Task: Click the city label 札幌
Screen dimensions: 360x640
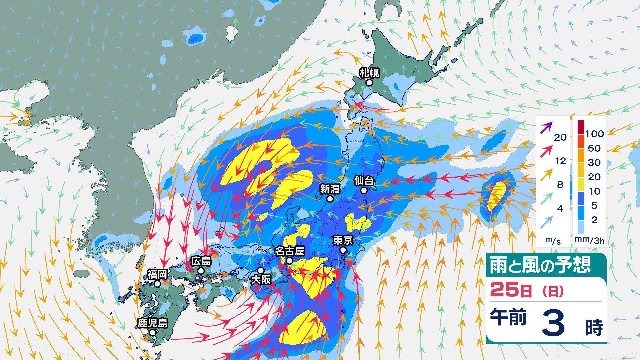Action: (x=369, y=73)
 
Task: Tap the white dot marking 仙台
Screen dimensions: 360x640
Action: (x=364, y=190)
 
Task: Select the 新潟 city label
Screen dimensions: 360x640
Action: (x=330, y=189)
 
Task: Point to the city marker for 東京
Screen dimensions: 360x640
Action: (x=343, y=250)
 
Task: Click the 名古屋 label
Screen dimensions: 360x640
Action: (x=289, y=251)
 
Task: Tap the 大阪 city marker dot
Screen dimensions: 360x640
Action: (x=261, y=270)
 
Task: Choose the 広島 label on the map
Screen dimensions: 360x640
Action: (x=201, y=261)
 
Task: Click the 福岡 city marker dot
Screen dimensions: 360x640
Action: (x=157, y=284)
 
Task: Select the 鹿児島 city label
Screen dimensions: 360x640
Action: (x=153, y=323)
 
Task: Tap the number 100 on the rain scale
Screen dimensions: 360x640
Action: (x=594, y=134)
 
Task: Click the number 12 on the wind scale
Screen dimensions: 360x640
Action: (x=560, y=161)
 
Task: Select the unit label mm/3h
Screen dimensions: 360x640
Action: (x=589, y=240)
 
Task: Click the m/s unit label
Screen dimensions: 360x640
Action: (x=553, y=240)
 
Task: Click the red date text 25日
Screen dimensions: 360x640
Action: (x=511, y=290)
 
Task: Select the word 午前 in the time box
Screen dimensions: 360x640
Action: (x=508, y=317)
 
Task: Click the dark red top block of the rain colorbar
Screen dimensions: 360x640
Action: (x=581, y=127)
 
